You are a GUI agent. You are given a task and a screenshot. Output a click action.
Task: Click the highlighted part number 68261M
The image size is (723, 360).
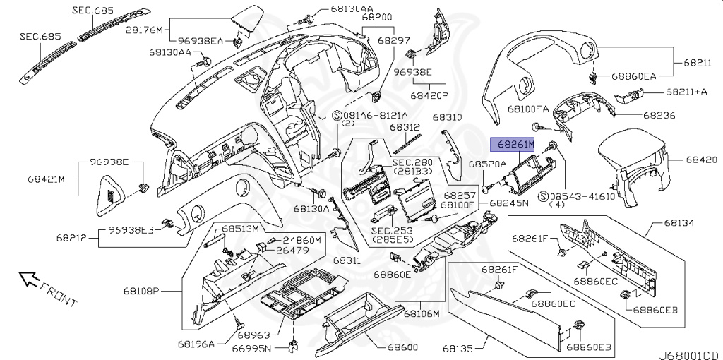[x=514, y=144]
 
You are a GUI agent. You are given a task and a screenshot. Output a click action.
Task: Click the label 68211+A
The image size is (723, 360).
[x=686, y=92]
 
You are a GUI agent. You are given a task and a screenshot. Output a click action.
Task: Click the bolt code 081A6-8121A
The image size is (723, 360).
[x=375, y=114]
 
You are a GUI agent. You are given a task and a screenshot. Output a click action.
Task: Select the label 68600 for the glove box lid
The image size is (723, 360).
[x=402, y=348]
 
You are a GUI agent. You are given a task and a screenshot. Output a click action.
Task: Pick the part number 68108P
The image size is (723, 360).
[x=163, y=290]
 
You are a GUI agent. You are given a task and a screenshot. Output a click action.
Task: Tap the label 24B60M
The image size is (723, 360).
[x=302, y=240]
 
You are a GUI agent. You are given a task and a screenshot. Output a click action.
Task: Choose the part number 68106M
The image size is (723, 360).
[x=422, y=313]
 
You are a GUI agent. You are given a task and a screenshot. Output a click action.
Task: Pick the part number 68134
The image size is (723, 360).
[x=679, y=223]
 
